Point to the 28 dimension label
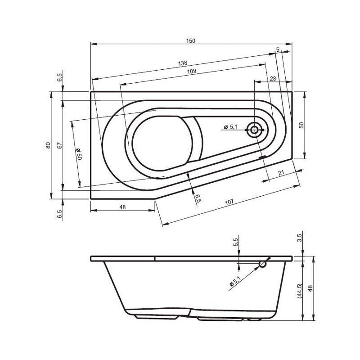pyautogui.click(x=273, y=78)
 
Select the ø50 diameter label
pyautogui.click(x=78, y=155)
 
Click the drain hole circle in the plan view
pyautogui.click(x=254, y=130)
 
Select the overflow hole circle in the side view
pyautogui.click(x=262, y=265)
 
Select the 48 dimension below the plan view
pyautogui.click(x=122, y=207)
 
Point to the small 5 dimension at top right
pyautogui.click(x=278, y=49)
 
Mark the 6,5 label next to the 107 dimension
pyautogui.click(x=197, y=198)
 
